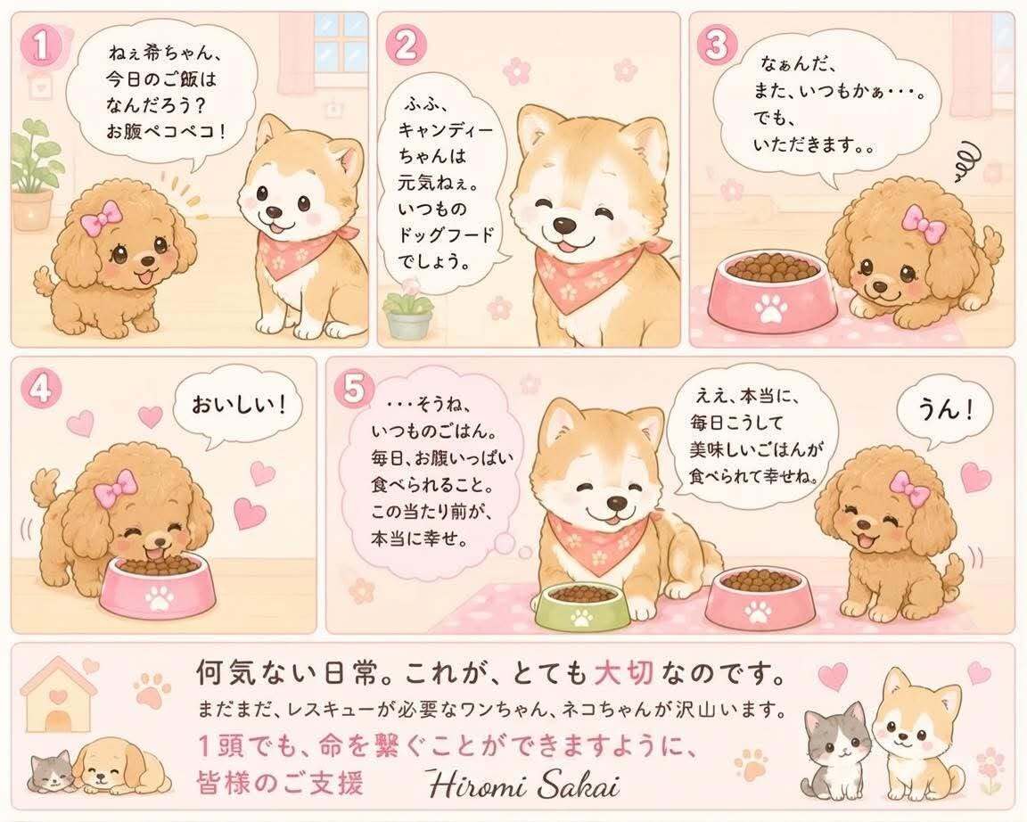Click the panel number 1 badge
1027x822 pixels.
41,46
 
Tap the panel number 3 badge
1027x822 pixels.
717,45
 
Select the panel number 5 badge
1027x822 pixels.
354,390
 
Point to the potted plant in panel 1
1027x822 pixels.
31,174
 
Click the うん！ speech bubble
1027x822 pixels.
943,411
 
